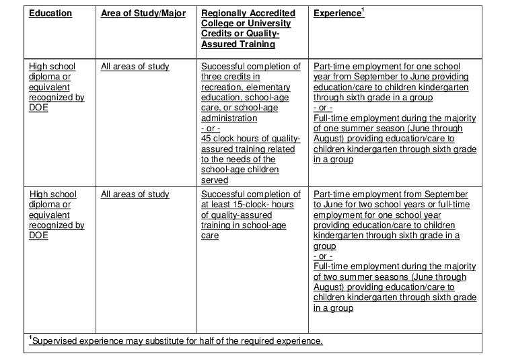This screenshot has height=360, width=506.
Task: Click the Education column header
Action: tap(50, 13)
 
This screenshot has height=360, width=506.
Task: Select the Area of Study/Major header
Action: tap(143, 13)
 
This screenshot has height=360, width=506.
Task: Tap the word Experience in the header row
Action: tap(337, 14)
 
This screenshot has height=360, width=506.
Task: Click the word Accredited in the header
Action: tap(272, 13)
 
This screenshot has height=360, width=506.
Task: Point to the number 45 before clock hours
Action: tap(207, 139)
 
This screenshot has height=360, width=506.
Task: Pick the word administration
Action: tap(229, 118)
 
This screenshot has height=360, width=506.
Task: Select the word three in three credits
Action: tap(212, 77)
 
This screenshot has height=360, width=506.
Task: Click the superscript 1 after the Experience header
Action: tap(363, 11)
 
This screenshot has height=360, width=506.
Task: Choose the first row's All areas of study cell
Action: tap(135, 67)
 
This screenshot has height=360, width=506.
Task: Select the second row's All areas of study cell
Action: tap(135, 194)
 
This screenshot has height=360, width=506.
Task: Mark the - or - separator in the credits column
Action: tap(211, 129)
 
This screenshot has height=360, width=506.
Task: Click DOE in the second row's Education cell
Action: tap(38, 236)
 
